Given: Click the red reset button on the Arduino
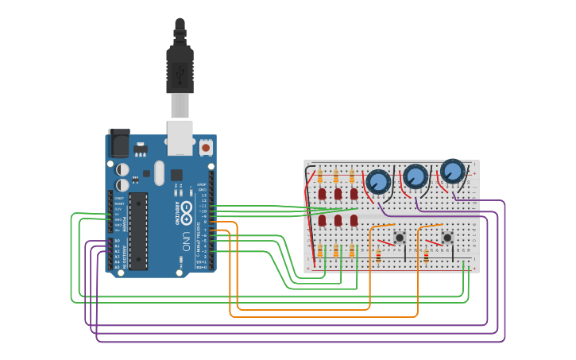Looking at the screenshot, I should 206,147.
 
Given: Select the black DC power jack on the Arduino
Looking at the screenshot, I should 118,144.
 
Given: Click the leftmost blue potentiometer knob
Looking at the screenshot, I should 378,182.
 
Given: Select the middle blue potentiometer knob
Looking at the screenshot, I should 416,176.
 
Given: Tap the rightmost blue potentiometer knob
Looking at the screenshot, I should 452,171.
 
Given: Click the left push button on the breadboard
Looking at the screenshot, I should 400,237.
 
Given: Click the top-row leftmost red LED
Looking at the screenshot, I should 322,193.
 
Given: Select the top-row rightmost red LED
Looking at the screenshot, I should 354,193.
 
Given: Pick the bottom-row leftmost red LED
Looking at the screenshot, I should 322,220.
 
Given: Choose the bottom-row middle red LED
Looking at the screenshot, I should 338,220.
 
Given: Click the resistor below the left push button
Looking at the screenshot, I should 378,256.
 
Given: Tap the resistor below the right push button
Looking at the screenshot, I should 426,256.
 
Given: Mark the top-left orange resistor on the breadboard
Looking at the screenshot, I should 320,176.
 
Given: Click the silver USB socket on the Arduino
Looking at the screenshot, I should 180,137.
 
